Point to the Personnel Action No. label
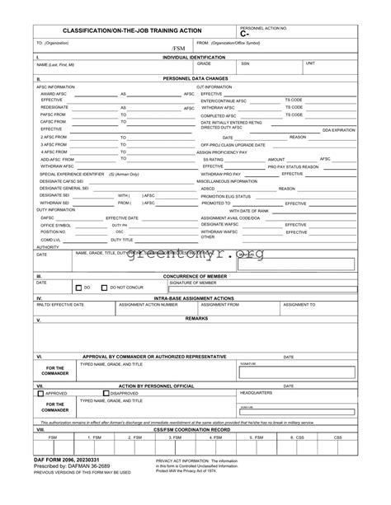tap(263, 27)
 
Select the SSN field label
tap(245, 63)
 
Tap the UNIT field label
tap(310, 63)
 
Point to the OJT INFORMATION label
tap(214, 86)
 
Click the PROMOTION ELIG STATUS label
tap(226, 196)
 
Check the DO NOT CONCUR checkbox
tap(105, 288)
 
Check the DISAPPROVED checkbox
tap(106, 393)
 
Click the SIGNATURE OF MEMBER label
tap(192, 282)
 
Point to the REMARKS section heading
tap(196, 317)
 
